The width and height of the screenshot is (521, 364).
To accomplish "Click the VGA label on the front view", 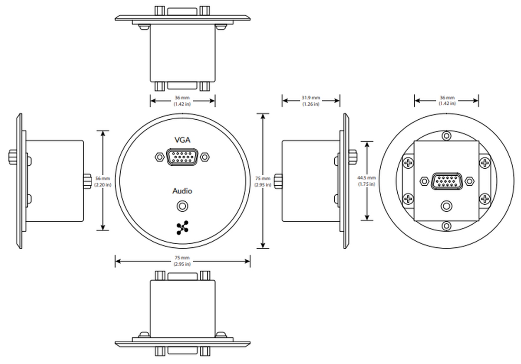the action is click(182, 140).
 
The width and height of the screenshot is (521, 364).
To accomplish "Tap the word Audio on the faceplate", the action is click(182, 191).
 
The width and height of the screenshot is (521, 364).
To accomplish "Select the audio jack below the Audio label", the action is click(182, 206).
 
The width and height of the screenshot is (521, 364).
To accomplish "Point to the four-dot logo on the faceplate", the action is click(182, 228).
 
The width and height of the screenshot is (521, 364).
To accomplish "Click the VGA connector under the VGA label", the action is click(182, 157).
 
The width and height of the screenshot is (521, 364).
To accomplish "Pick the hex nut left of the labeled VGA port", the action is click(159, 157).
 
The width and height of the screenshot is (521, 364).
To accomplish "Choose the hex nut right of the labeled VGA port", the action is click(204, 157).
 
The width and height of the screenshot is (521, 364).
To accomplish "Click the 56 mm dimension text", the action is click(103, 178).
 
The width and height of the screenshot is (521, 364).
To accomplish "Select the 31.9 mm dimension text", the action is click(311, 98).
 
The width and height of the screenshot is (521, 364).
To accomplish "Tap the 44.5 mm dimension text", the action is click(366, 178).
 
